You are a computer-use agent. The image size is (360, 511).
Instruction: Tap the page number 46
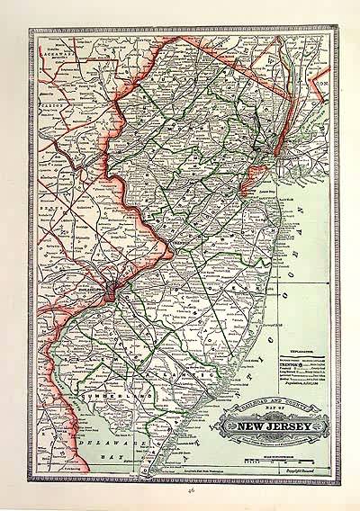pyautogui.click(x=181, y=494)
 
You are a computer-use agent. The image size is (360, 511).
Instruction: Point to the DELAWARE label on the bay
pyautogui.click(x=103, y=444)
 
